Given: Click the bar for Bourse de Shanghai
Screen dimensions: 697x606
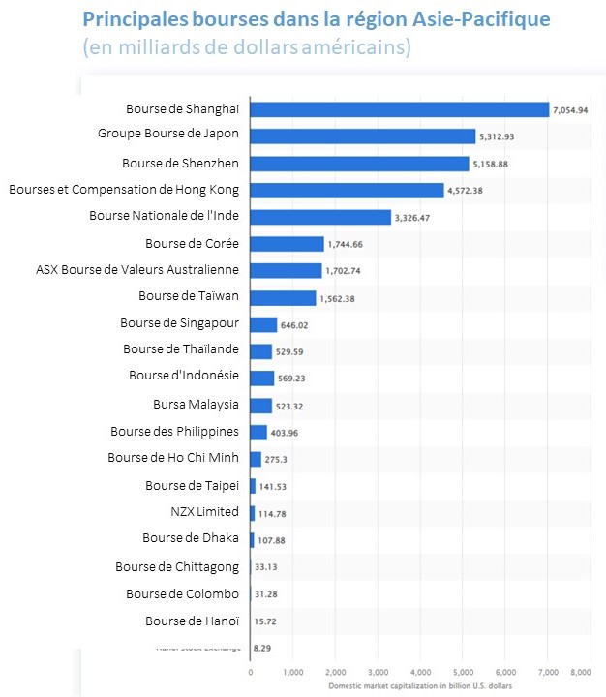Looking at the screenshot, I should click(399, 110).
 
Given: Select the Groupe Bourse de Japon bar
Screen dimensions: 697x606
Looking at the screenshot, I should click(362, 136).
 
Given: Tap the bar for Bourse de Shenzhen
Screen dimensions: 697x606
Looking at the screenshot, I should click(359, 164).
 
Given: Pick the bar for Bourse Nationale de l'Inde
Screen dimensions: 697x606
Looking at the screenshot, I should click(320, 217).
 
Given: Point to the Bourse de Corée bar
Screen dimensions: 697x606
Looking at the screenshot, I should click(287, 244).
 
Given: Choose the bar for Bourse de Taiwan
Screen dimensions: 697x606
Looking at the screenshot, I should click(283, 298).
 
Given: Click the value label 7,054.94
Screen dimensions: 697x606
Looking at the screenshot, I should click(570, 111).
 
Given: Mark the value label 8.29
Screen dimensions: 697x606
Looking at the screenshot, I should click(261, 646).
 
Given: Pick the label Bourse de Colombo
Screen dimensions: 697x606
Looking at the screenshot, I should click(182, 593).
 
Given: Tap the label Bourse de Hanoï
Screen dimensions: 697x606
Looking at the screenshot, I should click(192, 621).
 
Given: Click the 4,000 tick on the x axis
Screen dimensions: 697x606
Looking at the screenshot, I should click(419, 670).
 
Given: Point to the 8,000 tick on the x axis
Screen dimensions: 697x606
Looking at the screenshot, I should click(581, 670).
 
